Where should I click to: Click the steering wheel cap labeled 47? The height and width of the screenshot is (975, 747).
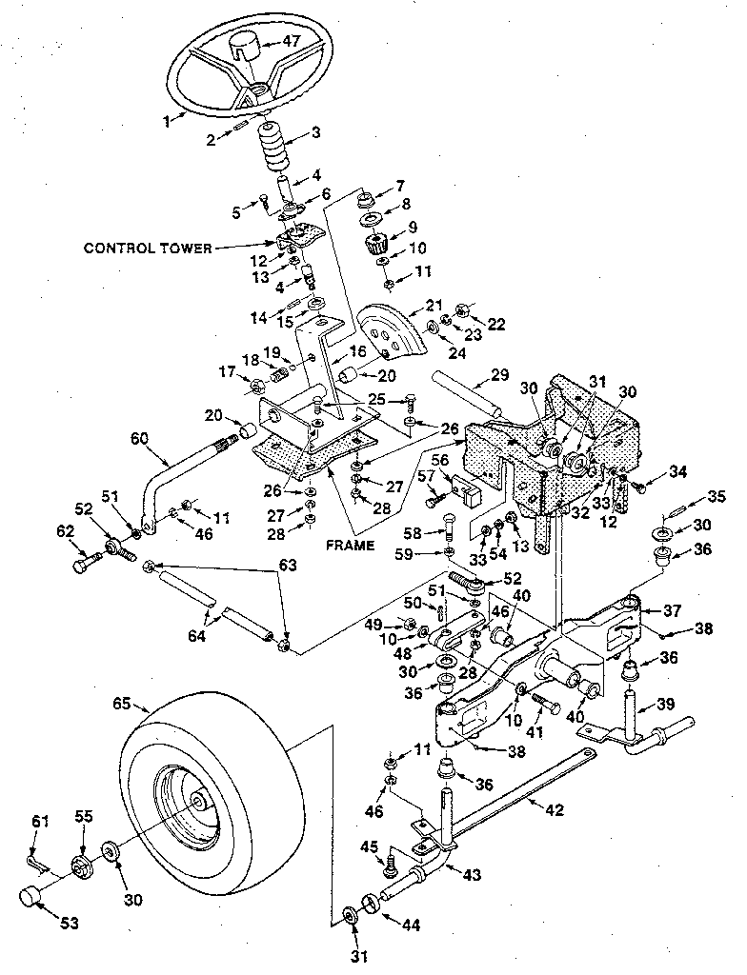tap(244, 44)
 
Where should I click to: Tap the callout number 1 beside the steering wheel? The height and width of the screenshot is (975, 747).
tap(167, 121)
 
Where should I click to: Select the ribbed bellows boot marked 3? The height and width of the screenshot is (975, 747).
tap(273, 151)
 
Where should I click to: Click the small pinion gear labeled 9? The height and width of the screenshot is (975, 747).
tap(373, 246)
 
